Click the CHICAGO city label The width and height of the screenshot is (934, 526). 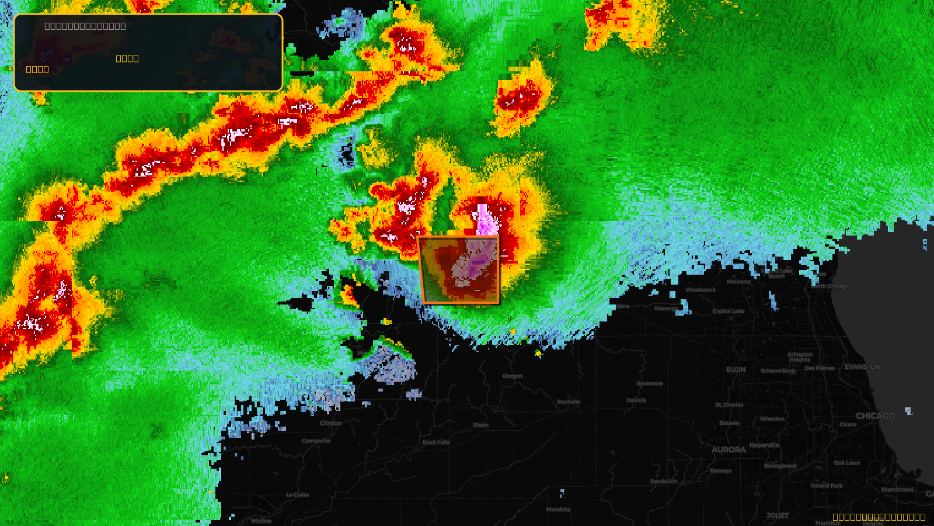pos(874,416)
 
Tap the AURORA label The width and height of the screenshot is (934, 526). pos(729,450)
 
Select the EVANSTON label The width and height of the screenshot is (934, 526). pos(862,367)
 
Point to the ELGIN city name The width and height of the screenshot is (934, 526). pos(736,369)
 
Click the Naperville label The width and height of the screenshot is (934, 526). pos(764,445)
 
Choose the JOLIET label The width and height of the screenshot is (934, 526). pos(778,515)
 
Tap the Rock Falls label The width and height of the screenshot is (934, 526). pos(436,442)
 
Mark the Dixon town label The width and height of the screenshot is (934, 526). pos(481,425)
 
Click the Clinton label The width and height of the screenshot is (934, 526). pos(330,423)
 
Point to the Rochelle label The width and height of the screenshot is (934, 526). pos(569,402)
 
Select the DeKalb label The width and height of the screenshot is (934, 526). pos(636,400)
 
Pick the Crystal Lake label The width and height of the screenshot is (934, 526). pos(729,311)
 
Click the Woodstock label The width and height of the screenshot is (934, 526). pos(700,290)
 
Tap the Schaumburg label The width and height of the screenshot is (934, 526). pos(778,371)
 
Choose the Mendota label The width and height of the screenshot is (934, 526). pos(558,510)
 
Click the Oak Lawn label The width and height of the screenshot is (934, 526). pos(846,463)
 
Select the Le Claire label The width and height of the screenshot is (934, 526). pos(298,495)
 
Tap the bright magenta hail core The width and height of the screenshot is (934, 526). pos(485,221)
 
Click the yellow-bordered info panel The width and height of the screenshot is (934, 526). pos(148,53)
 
